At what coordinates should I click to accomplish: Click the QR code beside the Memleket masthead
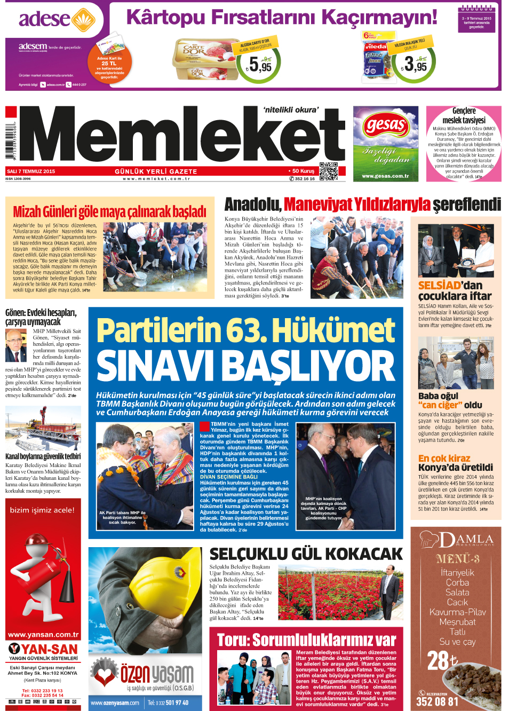coord(329,171)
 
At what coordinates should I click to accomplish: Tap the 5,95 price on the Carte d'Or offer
coord(260,66)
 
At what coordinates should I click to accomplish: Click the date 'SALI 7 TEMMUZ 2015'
coord(31,171)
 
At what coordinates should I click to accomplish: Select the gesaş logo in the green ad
coord(386,126)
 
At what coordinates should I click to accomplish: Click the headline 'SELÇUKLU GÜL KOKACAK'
coord(306,554)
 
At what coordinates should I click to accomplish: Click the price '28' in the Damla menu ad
coord(439,661)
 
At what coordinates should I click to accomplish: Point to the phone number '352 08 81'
coord(437,701)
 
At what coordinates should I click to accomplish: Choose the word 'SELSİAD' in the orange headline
coord(440,286)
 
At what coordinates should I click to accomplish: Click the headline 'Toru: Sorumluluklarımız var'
coord(306,639)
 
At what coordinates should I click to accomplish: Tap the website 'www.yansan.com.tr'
coord(43,635)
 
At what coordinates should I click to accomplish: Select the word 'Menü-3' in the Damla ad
coord(457,559)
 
